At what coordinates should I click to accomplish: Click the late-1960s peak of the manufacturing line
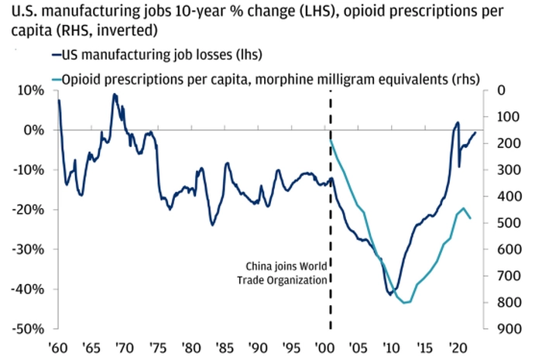pos(115,94)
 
